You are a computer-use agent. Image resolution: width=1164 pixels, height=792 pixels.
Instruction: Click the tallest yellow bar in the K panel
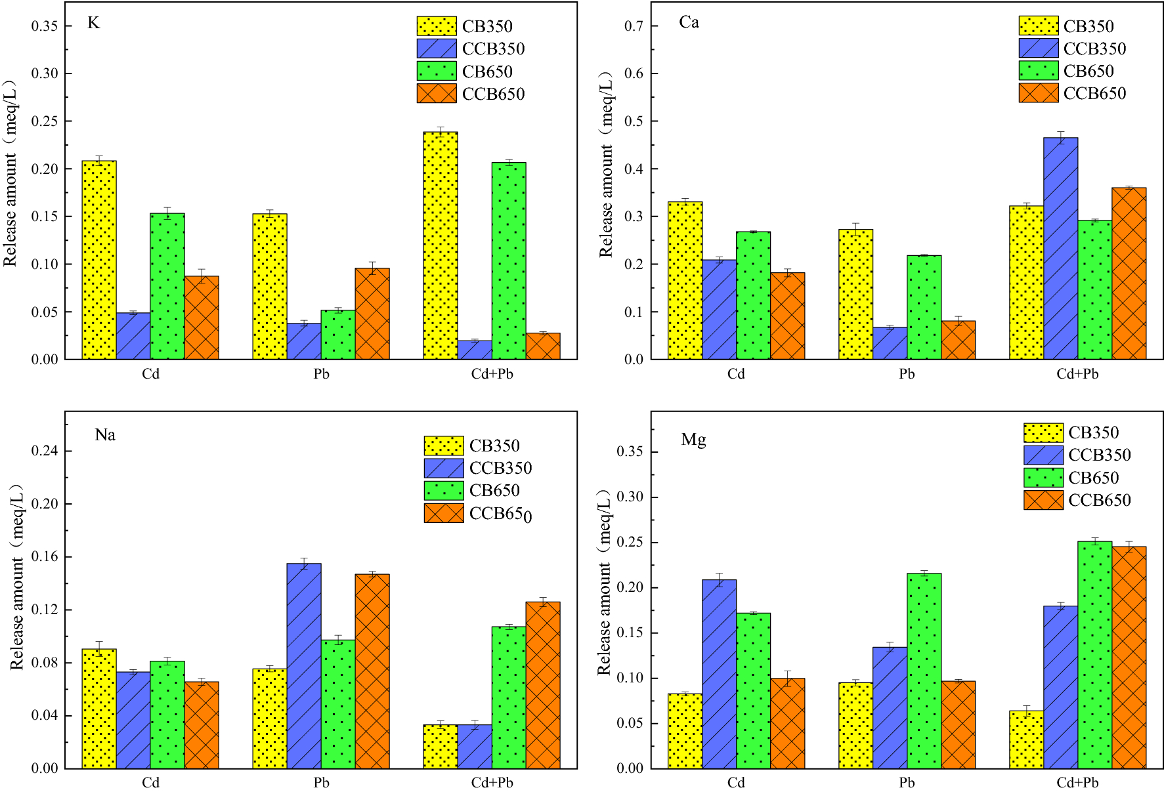click(x=441, y=246)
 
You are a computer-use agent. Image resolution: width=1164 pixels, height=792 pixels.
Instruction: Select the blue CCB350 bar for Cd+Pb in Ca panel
click(x=1060, y=249)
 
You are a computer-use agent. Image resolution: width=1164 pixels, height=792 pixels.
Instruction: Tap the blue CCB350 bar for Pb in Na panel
click(x=304, y=665)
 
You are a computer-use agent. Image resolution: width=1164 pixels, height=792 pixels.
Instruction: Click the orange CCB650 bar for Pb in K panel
click(x=372, y=314)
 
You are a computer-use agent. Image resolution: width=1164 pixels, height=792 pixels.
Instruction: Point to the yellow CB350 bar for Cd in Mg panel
click(x=685, y=731)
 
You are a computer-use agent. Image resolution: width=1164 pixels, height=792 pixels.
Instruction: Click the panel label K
click(x=93, y=23)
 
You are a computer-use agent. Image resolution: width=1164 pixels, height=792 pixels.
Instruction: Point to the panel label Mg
click(x=693, y=439)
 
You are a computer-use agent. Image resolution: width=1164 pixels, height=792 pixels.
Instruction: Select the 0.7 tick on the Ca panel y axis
click(x=634, y=26)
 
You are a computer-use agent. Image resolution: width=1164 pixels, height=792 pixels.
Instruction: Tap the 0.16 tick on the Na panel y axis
click(x=45, y=556)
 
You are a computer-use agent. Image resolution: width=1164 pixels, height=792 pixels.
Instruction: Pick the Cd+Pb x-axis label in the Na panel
click(x=492, y=782)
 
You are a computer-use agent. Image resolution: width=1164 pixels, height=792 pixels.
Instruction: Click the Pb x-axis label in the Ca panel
click(x=907, y=374)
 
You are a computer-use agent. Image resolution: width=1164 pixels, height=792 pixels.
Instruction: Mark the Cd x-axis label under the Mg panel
click(x=736, y=782)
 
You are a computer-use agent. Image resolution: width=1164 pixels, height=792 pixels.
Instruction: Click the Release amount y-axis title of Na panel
click(x=16, y=577)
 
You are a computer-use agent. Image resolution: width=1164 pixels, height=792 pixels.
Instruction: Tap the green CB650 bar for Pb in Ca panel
click(x=924, y=307)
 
